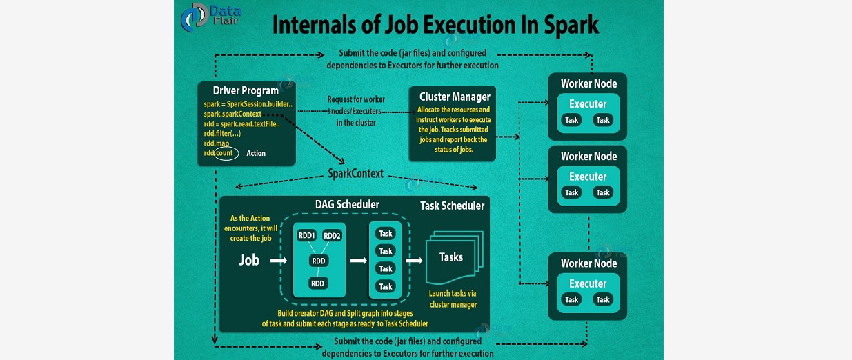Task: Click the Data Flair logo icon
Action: point(194,19)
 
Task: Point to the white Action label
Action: point(255,153)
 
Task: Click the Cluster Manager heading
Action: point(455,97)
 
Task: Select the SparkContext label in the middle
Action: point(355,174)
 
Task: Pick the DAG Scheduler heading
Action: point(347,204)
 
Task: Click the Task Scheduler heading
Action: point(452,206)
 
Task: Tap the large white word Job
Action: point(249,261)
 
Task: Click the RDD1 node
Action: point(306,235)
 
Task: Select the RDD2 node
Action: point(332,235)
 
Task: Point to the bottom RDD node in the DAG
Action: point(317,283)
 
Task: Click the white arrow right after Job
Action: point(278,261)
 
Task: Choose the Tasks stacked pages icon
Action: point(452,258)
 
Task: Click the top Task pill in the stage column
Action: point(386,234)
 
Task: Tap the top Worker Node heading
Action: point(588,83)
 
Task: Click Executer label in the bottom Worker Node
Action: point(588,283)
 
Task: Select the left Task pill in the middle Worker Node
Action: point(572,192)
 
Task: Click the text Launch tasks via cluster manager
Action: point(453,299)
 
